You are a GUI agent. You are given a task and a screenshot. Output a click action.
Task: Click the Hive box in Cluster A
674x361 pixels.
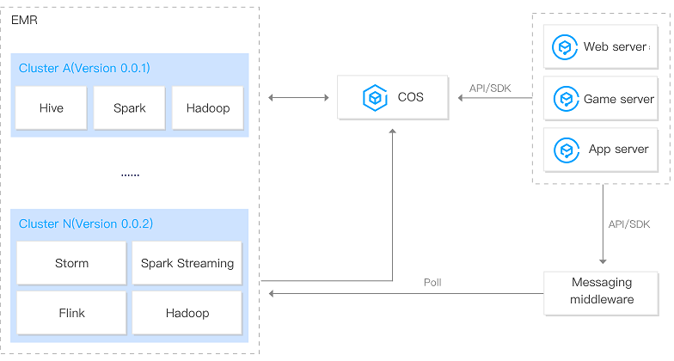(51, 108)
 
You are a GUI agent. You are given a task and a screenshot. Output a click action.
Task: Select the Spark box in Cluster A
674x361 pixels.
(129, 108)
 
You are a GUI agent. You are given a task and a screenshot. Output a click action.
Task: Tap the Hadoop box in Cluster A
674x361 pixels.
(207, 108)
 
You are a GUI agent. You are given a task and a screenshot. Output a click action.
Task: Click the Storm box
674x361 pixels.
(71, 263)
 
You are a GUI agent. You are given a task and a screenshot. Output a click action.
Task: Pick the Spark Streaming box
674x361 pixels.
(187, 263)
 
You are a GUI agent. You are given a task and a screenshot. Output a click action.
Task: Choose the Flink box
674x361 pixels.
(71, 313)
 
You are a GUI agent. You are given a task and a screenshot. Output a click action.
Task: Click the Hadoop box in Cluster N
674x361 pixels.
(187, 313)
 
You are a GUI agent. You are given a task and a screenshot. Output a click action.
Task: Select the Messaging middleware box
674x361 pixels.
(601, 291)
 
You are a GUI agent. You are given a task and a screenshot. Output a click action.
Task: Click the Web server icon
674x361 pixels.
(566, 47)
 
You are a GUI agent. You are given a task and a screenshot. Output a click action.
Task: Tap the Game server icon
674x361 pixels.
(566, 99)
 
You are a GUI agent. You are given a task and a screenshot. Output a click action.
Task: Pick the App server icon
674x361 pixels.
(566, 150)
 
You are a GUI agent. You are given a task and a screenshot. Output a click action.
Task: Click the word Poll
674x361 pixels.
(432, 282)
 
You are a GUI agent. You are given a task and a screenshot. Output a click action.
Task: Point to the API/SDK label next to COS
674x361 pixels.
(489, 88)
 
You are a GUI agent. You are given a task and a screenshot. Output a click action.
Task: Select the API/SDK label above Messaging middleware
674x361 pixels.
(628, 223)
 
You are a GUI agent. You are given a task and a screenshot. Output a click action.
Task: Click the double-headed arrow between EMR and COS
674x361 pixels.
(298, 98)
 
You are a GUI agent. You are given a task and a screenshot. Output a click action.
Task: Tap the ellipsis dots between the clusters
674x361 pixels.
(130, 174)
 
